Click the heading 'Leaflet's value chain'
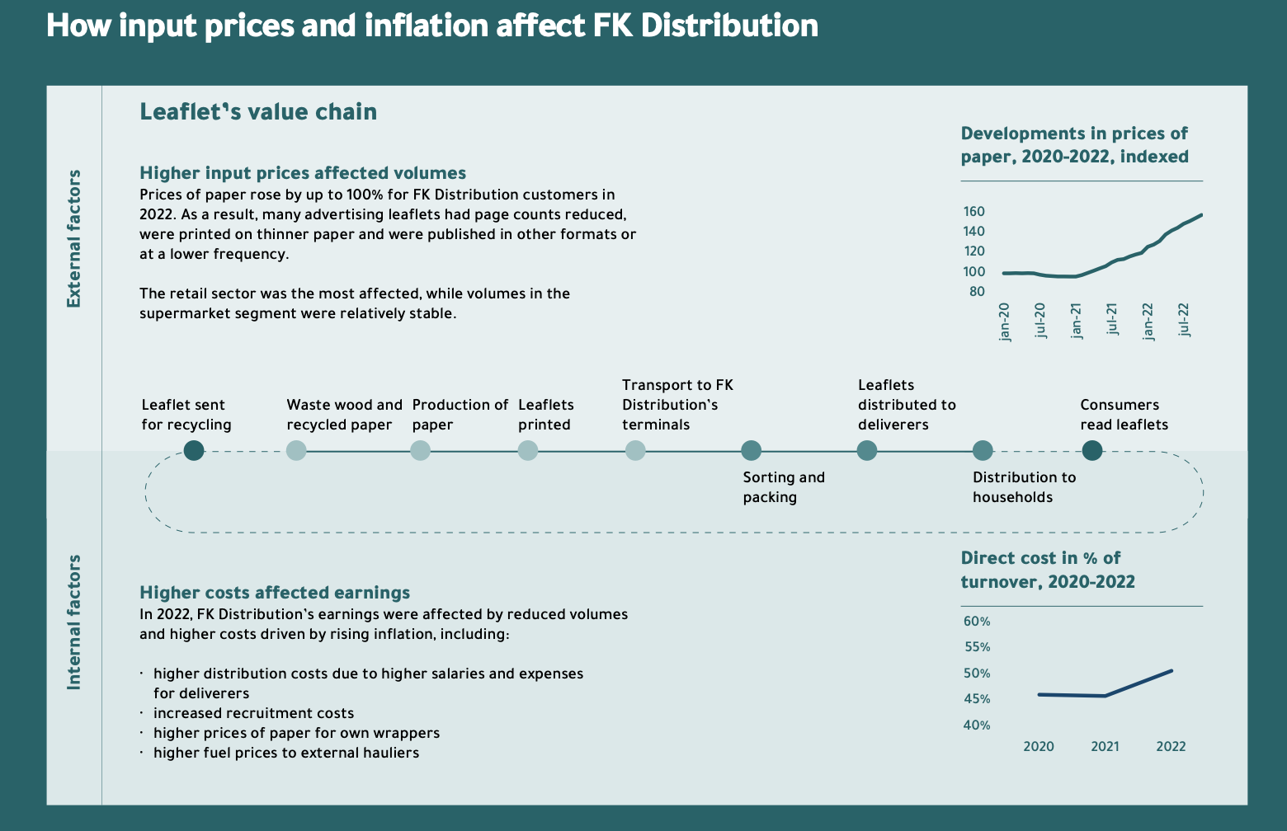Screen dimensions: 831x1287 (x=258, y=112)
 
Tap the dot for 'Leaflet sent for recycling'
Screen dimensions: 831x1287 (x=194, y=450)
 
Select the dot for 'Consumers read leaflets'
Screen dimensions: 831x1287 (x=1091, y=450)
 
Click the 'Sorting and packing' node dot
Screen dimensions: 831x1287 (x=751, y=450)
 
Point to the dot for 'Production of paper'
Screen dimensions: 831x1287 (x=420, y=450)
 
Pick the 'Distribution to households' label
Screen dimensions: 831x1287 (x=1024, y=487)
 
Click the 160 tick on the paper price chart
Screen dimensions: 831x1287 (x=973, y=212)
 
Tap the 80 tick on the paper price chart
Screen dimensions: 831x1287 (x=976, y=292)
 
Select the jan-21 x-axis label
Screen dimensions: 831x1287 (x=1076, y=321)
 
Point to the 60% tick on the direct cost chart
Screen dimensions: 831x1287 (x=977, y=622)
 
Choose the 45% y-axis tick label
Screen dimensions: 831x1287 (x=977, y=699)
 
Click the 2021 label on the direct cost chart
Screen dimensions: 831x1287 (x=1105, y=747)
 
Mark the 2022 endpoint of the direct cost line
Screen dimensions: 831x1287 (x=1171, y=671)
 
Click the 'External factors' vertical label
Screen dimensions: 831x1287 (x=74, y=238)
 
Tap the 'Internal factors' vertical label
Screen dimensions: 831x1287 (x=74, y=622)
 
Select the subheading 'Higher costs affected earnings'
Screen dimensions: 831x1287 (x=275, y=593)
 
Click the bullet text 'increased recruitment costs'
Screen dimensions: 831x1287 (x=253, y=713)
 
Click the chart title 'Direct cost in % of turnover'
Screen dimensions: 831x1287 (x=1048, y=570)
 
